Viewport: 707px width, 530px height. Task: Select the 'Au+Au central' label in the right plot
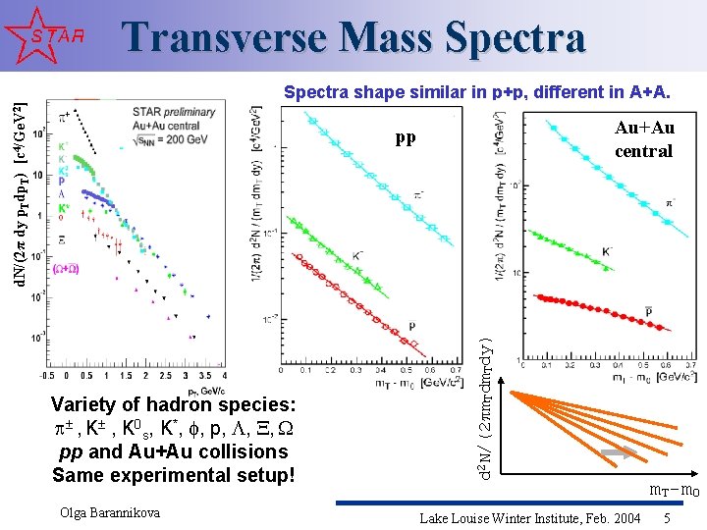643,139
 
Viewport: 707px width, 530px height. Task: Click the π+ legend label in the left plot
65,117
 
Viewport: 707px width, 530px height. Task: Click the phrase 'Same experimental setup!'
173,475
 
